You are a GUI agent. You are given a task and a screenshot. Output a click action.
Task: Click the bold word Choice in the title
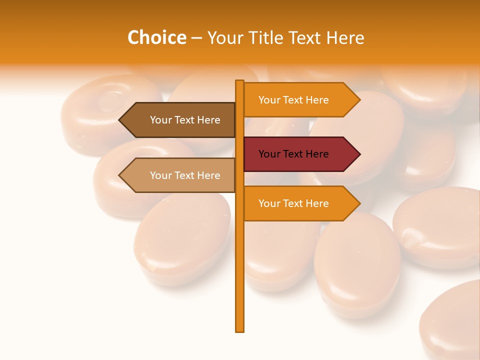coord(156,38)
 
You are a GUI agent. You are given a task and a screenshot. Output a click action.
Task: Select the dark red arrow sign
coord(300,154)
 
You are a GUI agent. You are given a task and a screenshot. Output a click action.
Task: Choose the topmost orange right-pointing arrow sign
coord(300,100)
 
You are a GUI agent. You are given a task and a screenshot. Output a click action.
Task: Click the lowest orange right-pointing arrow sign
coord(300,203)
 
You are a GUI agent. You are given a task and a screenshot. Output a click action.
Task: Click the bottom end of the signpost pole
coord(240,330)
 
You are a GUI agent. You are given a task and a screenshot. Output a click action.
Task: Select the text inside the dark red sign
coord(293,154)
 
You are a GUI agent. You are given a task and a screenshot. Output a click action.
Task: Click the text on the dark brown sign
coord(185,120)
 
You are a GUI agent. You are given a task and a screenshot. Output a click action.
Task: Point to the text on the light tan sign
coord(185,175)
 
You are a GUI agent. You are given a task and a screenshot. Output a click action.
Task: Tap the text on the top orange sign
coord(293,100)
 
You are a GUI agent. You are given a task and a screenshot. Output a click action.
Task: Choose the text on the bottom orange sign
coord(293,203)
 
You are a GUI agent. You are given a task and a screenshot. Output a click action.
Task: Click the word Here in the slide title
coord(345,38)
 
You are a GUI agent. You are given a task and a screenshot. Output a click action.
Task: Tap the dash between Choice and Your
coord(196,38)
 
